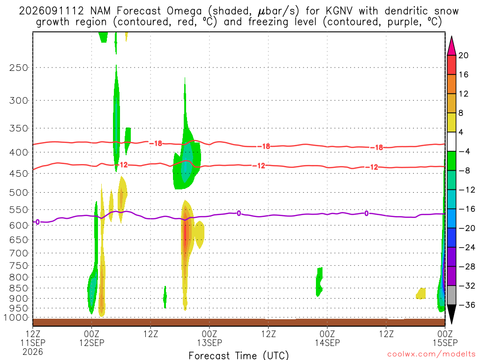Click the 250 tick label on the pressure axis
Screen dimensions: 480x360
19,67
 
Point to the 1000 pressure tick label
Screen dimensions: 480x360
16,318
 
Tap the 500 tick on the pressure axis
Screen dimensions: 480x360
19,193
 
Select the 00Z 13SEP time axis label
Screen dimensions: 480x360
210,338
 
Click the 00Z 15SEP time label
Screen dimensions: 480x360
445,338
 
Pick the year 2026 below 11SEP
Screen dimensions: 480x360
33,352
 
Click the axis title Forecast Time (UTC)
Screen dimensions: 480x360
239,355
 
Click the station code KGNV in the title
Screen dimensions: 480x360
338,11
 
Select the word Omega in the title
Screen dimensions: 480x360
184,11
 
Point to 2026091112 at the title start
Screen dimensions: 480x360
52,11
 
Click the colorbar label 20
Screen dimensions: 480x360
464,55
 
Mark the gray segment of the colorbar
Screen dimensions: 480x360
451,295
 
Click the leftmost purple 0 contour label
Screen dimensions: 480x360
37,222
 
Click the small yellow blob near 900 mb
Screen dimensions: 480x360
421,293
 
